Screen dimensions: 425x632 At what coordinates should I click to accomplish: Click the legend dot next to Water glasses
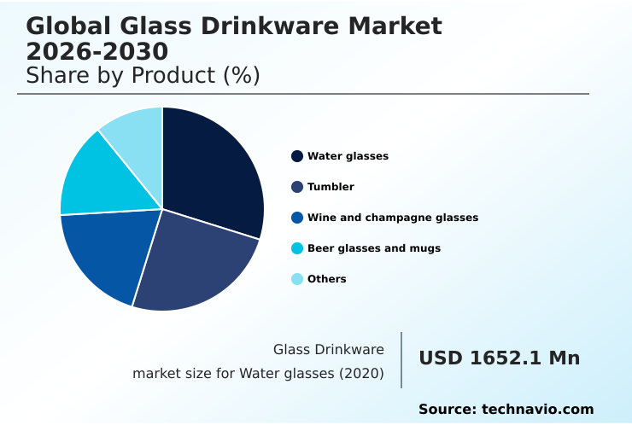pyautogui.click(x=297, y=156)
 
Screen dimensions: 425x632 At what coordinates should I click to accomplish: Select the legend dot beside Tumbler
pyautogui.click(x=297, y=187)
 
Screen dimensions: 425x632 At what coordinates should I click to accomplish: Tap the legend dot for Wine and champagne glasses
pyautogui.click(x=297, y=218)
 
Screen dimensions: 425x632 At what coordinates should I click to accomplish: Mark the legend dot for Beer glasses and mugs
pyautogui.click(x=297, y=248)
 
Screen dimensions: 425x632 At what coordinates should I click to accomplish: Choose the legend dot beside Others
pyautogui.click(x=297, y=279)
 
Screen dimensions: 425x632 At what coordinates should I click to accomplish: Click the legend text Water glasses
pyautogui.click(x=348, y=156)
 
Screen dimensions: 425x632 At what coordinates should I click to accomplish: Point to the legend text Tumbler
pyautogui.click(x=331, y=187)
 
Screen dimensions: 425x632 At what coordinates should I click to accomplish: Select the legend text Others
pyautogui.click(x=327, y=279)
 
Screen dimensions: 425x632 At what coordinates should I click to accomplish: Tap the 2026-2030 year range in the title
pyautogui.click(x=97, y=50)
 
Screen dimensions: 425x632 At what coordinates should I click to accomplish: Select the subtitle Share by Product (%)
pyautogui.click(x=143, y=76)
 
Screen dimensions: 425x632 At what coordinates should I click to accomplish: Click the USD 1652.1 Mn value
pyautogui.click(x=499, y=358)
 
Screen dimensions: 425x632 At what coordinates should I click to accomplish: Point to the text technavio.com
pyautogui.click(x=537, y=410)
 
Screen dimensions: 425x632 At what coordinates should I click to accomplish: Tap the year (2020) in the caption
pyautogui.click(x=360, y=374)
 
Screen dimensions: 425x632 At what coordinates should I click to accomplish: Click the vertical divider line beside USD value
pyautogui.click(x=401, y=360)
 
